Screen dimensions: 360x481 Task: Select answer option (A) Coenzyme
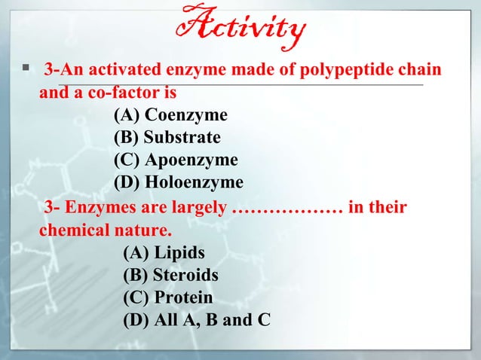coord(170,115)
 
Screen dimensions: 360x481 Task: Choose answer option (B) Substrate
coord(167,138)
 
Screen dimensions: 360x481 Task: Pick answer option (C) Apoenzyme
coord(175,160)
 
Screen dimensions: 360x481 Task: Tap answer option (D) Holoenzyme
coord(178,182)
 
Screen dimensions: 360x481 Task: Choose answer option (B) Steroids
coord(170,275)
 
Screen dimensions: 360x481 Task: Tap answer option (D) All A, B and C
coord(196,320)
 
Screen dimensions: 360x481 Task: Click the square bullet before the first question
coord(24,70)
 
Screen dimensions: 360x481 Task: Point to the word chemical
coord(74,230)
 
